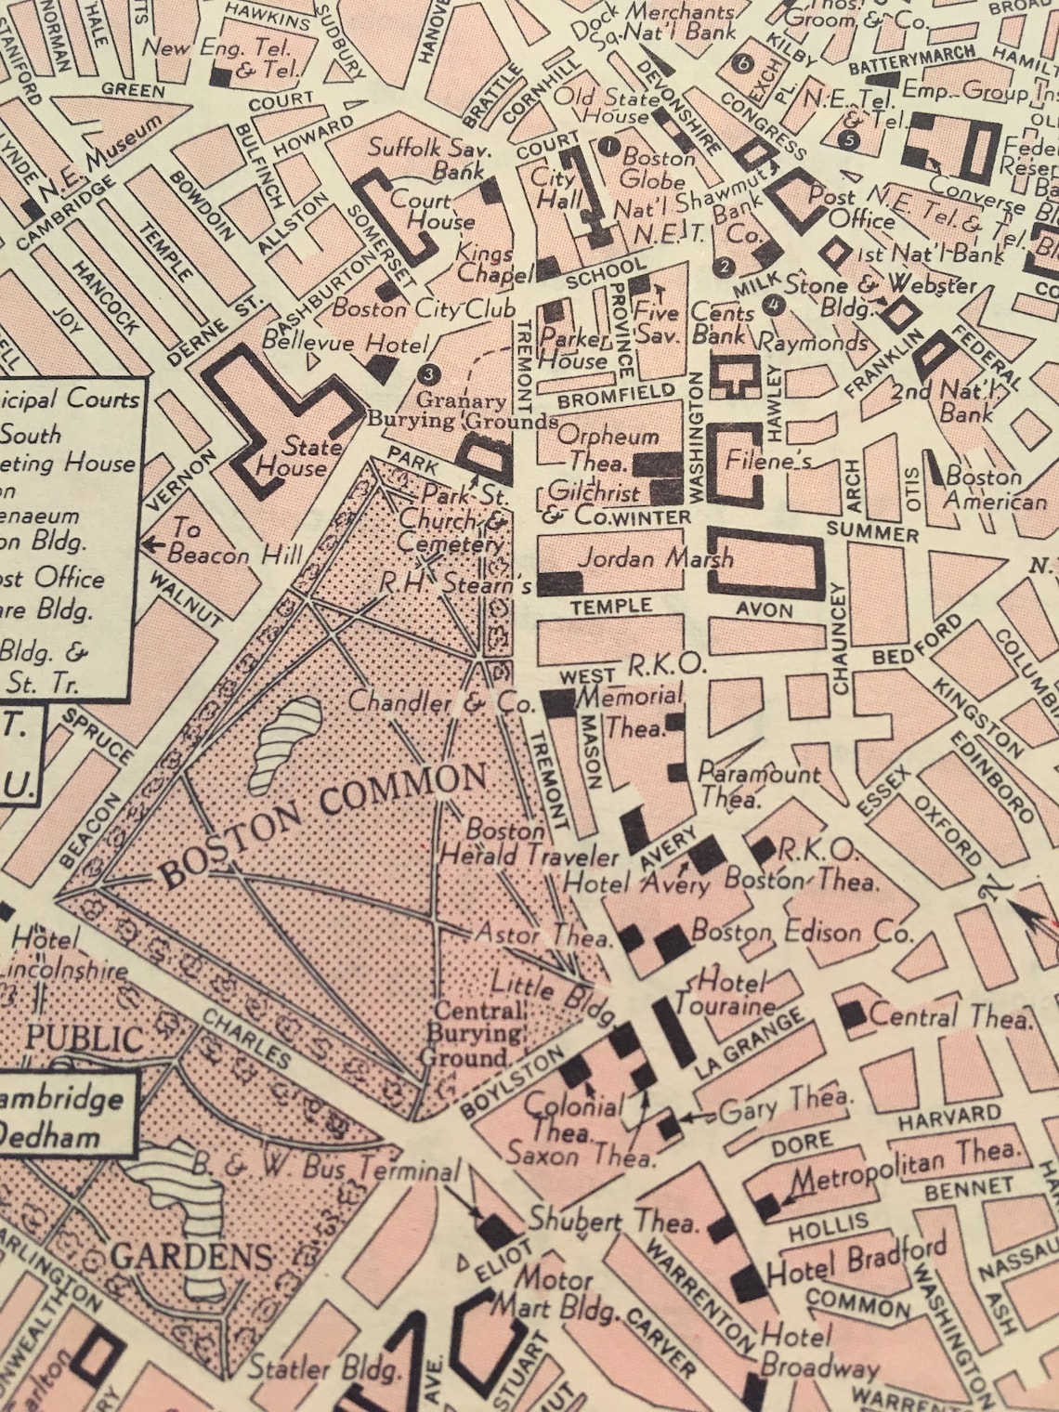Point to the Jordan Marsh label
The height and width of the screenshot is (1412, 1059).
click(x=655, y=558)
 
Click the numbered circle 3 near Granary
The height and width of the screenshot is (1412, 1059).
click(x=428, y=374)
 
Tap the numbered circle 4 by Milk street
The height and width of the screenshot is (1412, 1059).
click(x=772, y=304)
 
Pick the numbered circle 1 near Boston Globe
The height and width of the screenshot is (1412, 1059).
click(x=609, y=146)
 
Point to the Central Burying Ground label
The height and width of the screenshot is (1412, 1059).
click(x=477, y=1033)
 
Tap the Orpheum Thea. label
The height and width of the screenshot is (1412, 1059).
click(x=608, y=447)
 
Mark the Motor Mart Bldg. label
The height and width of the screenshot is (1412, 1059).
click(x=555, y=1293)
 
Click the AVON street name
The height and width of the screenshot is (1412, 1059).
click(x=765, y=610)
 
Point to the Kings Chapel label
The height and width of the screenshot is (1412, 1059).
click(x=484, y=263)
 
